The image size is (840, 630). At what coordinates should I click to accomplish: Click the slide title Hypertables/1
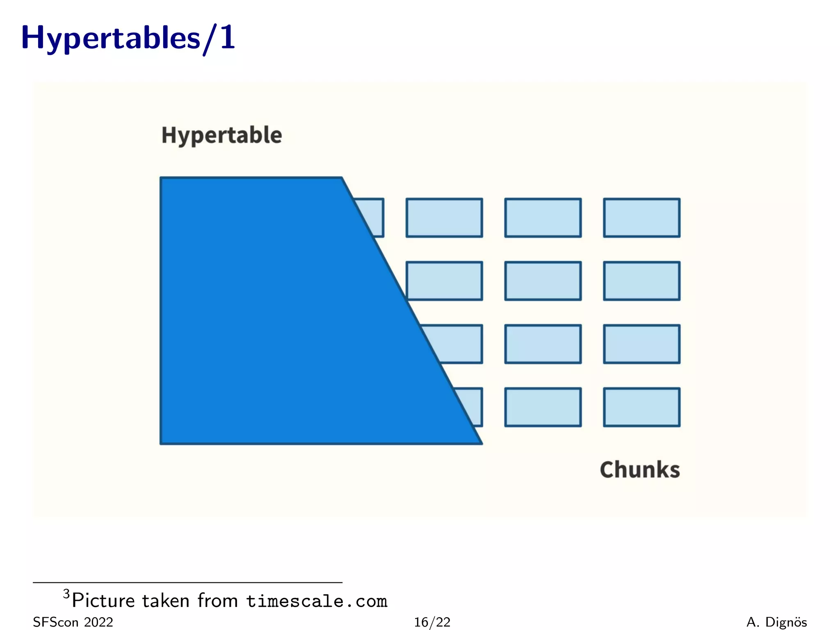pyautogui.click(x=128, y=38)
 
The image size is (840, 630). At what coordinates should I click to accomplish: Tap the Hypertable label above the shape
pyautogui.click(x=221, y=135)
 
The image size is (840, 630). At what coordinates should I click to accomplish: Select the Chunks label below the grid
pyautogui.click(x=639, y=470)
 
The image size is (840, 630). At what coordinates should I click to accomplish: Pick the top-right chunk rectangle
pyautogui.click(x=641, y=218)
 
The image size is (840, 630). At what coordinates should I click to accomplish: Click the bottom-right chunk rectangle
pyautogui.click(x=641, y=407)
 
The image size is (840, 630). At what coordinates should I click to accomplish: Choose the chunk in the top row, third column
pyautogui.click(x=543, y=218)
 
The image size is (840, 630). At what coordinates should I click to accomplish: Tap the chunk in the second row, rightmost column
pyautogui.click(x=641, y=281)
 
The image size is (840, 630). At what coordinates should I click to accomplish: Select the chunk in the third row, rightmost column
pyautogui.click(x=641, y=344)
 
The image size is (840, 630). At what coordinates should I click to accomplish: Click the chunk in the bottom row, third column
pyautogui.click(x=543, y=407)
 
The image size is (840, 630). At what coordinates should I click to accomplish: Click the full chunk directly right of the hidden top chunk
pyautogui.click(x=444, y=218)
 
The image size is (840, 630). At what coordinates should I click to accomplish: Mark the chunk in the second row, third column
pyautogui.click(x=543, y=281)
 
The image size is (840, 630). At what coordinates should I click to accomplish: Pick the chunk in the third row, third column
pyautogui.click(x=543, y=344)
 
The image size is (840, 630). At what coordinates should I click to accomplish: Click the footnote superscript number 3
pyautogui.click(x=66, y=593)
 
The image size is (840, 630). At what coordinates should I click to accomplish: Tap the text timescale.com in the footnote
pyautogui.click(x=317, y=601)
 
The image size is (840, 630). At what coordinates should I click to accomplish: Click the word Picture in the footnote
pyautogui.click(x=103, y=601)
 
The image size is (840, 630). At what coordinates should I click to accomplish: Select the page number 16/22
pyautogui.click(x=432, y=622)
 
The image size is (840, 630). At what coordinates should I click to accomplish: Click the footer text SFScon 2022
pyautogui.click(x=73, y=622)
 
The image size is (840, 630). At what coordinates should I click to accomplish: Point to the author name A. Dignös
pyautogui.click(x=776, y=622)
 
